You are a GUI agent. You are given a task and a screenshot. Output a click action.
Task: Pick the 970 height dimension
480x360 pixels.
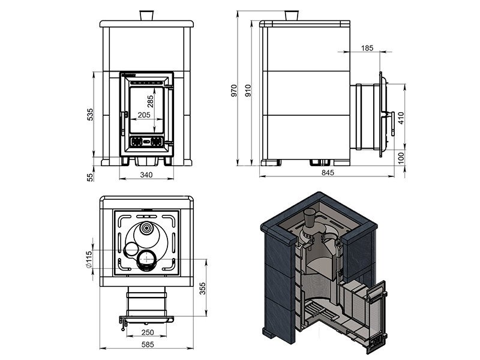click(235, 91)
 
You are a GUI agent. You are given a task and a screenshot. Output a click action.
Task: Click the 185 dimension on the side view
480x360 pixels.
click(368, 48)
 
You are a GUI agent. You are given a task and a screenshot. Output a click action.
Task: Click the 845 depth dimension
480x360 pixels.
click(328, 173)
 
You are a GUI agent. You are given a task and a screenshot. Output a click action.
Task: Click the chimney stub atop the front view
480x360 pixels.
click(146, 16)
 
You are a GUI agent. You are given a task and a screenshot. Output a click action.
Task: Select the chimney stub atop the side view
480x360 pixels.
click(290, 16)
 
